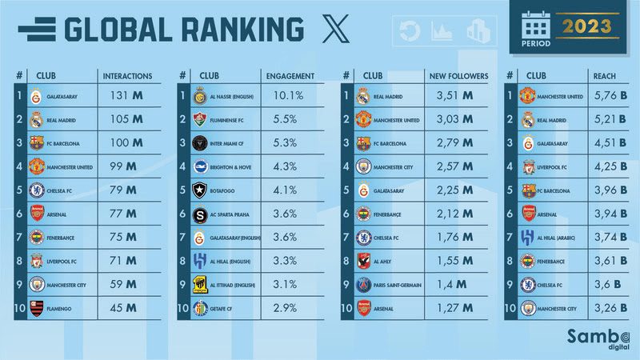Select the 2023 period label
[x=586, y=26]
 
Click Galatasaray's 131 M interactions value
[x=126, y=96]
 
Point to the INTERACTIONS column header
[x=127, y=76]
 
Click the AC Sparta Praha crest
[x=201, y=214]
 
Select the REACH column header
[x=603, y=76]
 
